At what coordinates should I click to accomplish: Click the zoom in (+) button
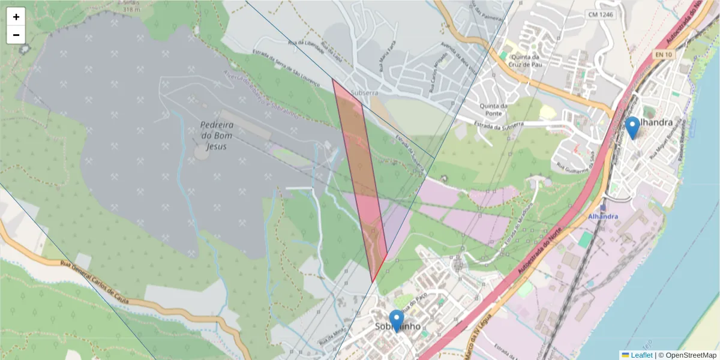[x=16, y=17]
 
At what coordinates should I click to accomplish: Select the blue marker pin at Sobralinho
[x=396, y=320]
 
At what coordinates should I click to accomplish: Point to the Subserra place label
[x=364, y=93]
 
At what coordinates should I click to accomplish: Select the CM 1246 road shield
[x=601, y=14]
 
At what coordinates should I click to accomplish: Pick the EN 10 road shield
[x=663, y=55]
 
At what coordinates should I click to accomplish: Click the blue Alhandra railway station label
[x=603, y=216]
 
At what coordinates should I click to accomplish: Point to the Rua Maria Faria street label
[x=380, y=56]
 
